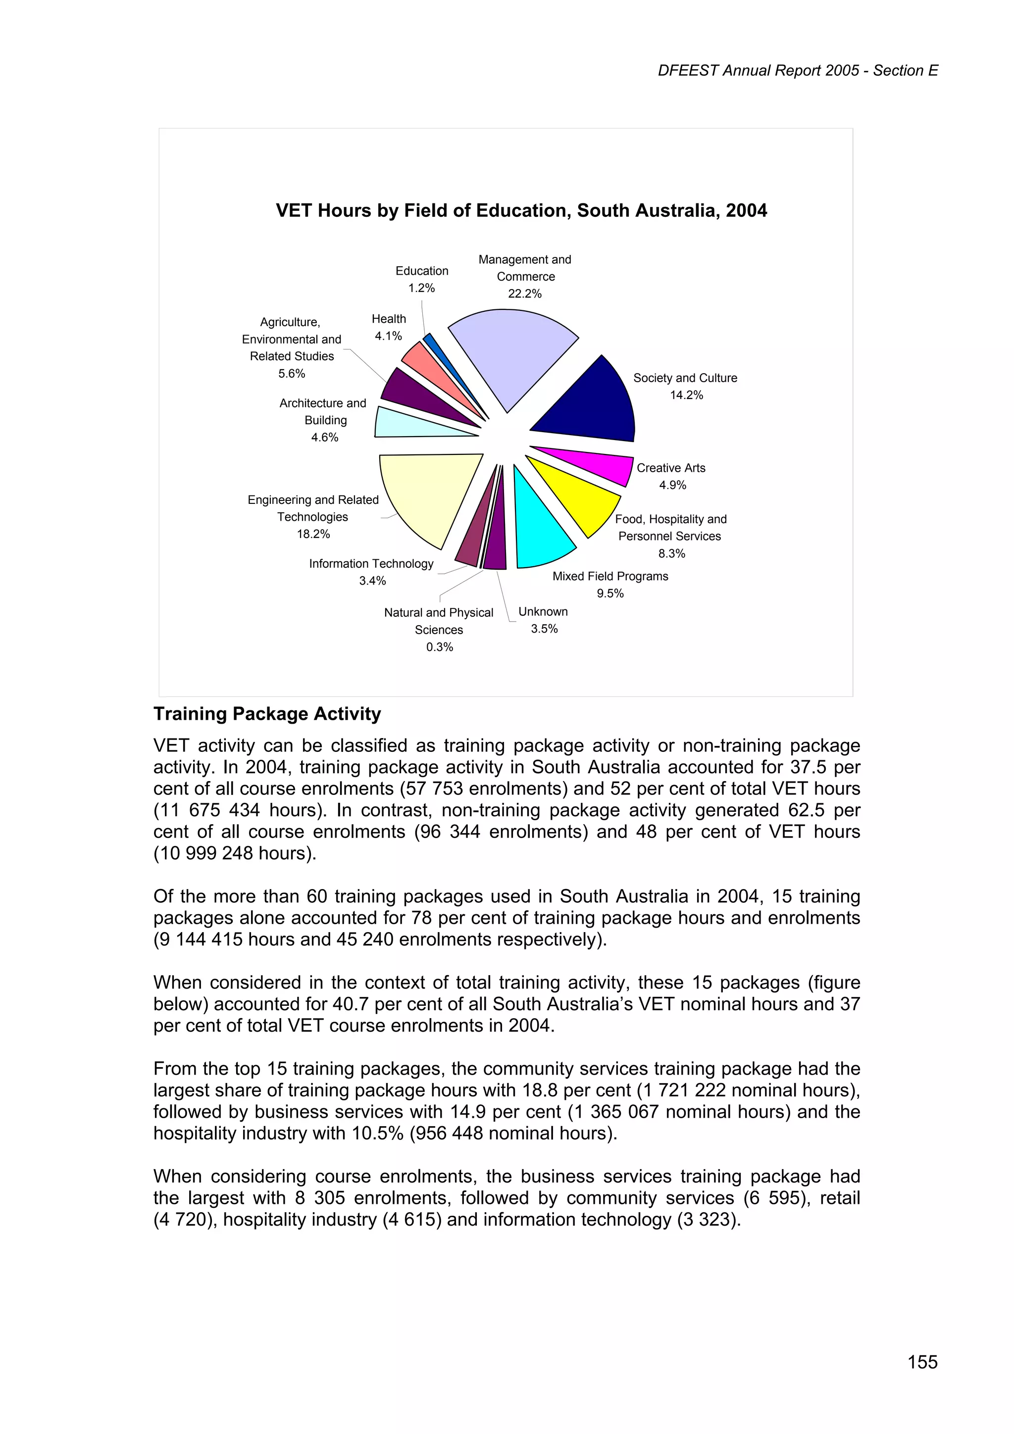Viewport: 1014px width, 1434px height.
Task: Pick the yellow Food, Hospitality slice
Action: click(x=578, y=496)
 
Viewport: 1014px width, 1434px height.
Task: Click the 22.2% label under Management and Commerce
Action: click(x=524, y=294)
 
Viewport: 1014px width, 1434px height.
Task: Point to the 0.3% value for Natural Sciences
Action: click(x=439, y=647)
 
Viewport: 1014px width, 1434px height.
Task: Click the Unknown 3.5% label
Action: click(x=544, y=620)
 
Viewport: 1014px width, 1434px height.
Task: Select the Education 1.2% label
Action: click(x=422, y=279)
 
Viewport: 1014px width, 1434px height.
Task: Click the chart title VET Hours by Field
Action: click(x=521, y=210)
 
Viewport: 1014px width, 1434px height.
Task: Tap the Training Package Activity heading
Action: click(x=267, y=714)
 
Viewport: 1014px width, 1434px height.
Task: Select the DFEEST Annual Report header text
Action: click(x=797, y=71)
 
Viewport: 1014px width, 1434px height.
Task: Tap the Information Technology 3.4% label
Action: click(x=371, y=572)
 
